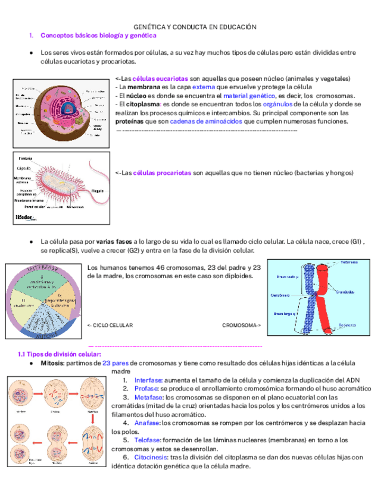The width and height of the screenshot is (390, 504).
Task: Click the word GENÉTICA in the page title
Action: [x=148, y=27]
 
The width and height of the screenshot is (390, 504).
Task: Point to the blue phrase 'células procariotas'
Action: [x=162, y=173]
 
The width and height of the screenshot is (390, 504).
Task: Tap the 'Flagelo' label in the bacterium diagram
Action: [x=98, y=191]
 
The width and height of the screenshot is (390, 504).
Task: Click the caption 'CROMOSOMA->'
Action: [x=241, y=325]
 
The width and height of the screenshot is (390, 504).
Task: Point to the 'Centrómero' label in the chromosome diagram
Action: [x=280, y=295]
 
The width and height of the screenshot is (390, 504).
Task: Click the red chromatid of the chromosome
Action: [x=325, y=297]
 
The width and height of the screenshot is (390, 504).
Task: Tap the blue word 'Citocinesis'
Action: [x=151, y=458]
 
